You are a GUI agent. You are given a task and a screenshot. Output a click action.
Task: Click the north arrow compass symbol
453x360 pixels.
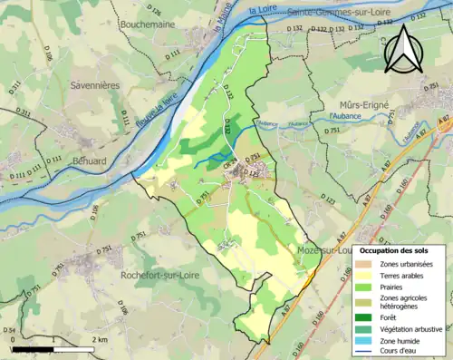pyautogui.click(x=403, y=50)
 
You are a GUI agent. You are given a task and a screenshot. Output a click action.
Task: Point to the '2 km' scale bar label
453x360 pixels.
pyautogui.click(x=101, y=339)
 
